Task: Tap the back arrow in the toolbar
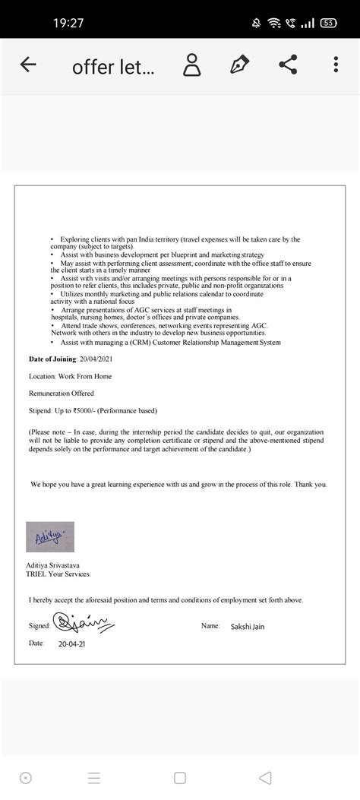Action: click(x=28, y=65)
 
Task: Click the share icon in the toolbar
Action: click(x=288, y=65)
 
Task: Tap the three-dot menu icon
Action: click(x=336, y=65)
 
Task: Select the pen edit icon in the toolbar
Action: click(x=241, y=65)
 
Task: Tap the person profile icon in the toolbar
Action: click(x=192, y=65)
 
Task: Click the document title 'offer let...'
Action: click(x=113, y=67)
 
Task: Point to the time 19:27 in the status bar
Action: click(x=68, y=23)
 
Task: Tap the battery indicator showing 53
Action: click(x=328, y=23)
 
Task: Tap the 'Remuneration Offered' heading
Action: click(x=62, y=394)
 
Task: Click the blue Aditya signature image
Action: click(x=50, y=537)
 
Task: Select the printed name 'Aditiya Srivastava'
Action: click(x=55, y=566)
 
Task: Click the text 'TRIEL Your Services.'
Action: click(x=58, y=574)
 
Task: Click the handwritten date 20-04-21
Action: click(x=72, y=643)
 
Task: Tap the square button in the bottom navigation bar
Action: click(x=179, y=778)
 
